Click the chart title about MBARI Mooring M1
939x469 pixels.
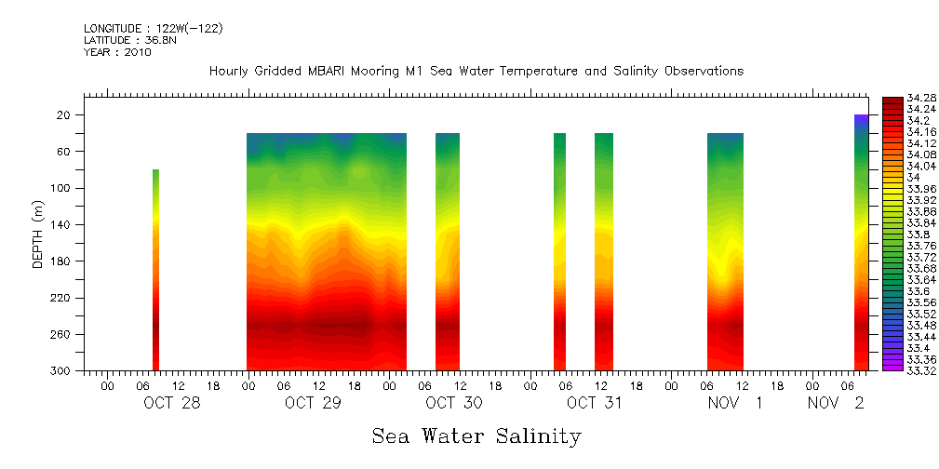point(476,72)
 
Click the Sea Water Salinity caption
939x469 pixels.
point(476,436)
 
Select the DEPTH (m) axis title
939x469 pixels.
point(38,234)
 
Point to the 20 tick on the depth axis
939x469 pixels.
point(64,115)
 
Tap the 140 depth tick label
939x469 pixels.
point(61,225)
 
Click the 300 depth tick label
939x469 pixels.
point(61,371)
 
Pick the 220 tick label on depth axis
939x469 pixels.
point(61,298)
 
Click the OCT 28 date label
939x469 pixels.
point(172,403)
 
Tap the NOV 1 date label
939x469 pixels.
point(735,403)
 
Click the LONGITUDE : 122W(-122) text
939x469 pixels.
point(153,29)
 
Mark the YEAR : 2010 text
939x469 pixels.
point(117,52)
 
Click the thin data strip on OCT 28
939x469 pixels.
point(155,270)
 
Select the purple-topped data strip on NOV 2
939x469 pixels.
point(861,242)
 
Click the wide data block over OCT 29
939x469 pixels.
point(326,251)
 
